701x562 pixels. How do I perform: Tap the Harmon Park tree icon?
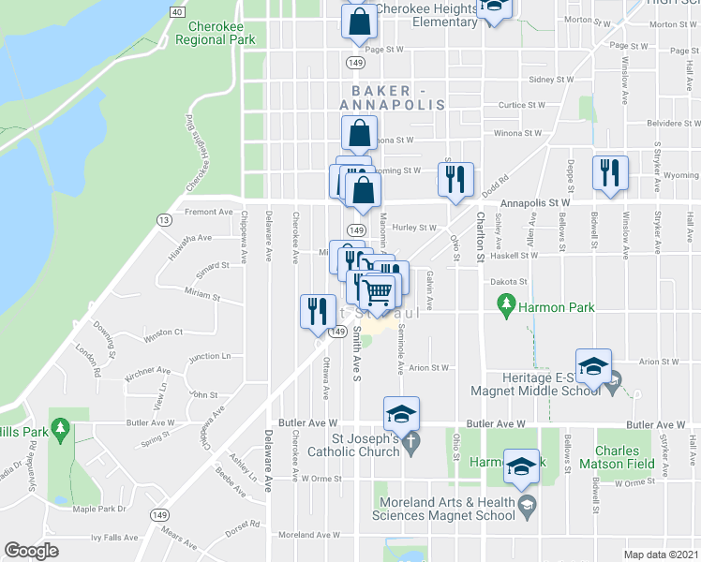507,304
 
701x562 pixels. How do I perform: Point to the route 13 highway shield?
164,219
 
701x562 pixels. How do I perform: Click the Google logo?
31,551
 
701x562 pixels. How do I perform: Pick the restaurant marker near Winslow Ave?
608,172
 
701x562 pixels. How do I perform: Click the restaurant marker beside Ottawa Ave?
317,310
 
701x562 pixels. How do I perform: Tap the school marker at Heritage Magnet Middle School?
593,366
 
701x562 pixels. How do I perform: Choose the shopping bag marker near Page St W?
360,22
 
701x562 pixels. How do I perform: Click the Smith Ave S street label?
357,359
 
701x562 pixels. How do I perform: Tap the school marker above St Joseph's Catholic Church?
401,413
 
